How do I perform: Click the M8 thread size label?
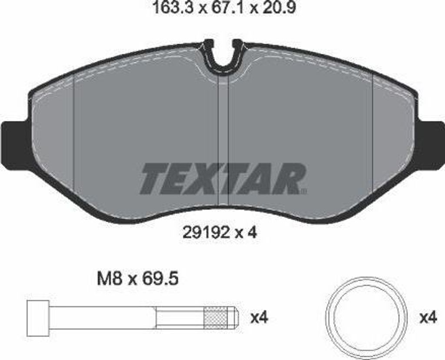(110, 279)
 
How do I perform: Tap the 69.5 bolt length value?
(160, 279)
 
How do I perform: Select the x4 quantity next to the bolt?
(259, 318)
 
